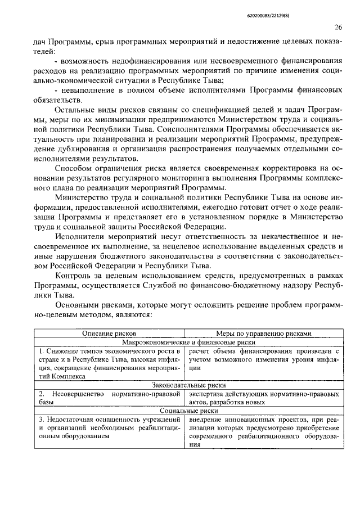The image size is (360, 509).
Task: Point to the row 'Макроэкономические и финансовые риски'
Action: tap(186, 342)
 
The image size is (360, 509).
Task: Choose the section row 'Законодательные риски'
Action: tap(186, 385)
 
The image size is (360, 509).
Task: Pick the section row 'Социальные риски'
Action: tap(186, 411)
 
